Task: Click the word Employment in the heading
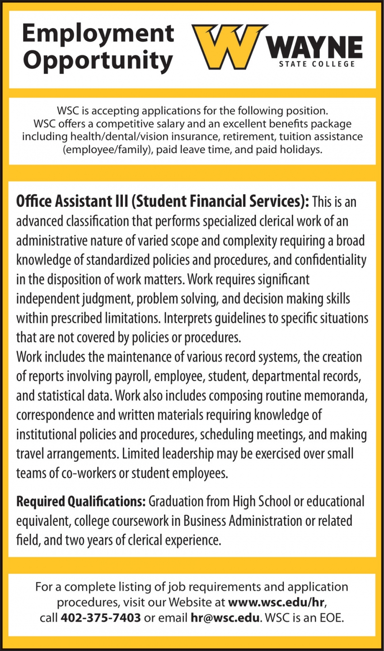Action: (x=98, y=33)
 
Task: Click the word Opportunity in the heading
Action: (x=98, y=61)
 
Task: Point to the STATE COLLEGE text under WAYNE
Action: (x=317, y=64)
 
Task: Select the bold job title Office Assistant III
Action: (x=72, y=201)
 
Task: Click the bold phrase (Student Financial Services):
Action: (x=220, y=201)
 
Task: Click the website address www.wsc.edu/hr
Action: (x=277, y=602)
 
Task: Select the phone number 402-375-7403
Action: (x=100, y=618)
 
